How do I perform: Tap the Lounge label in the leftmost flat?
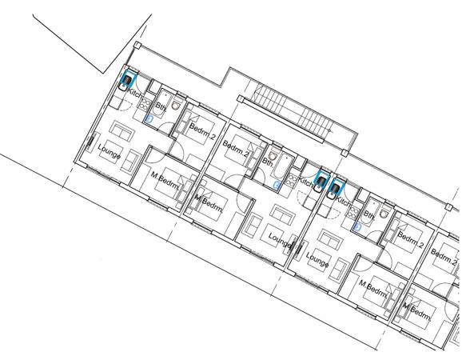tap(109, 151)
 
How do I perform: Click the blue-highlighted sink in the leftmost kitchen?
tap(127, 82)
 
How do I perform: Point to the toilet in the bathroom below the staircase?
tap(274, 156)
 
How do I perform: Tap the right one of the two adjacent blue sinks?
tap(333, 190)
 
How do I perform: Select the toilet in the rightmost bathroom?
tap(385, 214)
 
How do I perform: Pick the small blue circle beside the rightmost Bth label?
tap(357, 226)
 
